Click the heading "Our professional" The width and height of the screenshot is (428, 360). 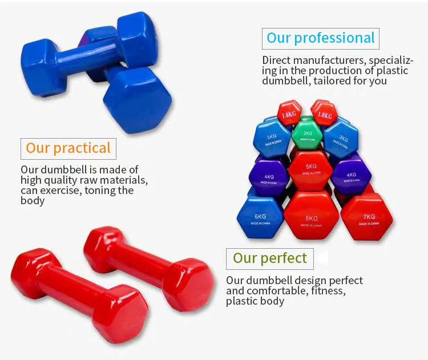tap(321, 38)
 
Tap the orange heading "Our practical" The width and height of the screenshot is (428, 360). tap(68, 148)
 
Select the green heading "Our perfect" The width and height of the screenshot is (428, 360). tap(270, 258)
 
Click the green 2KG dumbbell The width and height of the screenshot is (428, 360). tap(307, 135)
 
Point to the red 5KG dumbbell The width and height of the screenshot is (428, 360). tap(310, 171)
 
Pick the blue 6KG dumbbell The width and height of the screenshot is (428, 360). tap(260, 217)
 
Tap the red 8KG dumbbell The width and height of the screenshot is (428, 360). tap(312, 216)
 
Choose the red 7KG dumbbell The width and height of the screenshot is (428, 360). tap(367, 217)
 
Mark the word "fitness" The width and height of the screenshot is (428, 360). tap(328, 291)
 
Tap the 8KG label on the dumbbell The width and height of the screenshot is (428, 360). tap(312, 219)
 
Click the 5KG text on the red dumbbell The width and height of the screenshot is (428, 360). tap(311, 166)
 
